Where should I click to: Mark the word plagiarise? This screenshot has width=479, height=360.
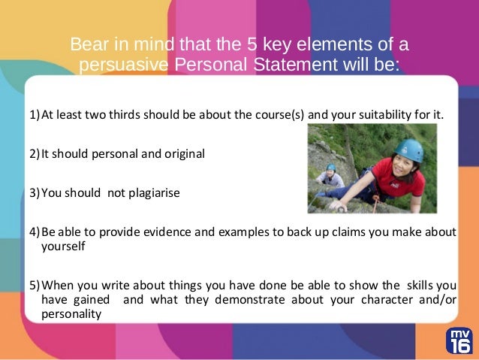(x=143, y=192)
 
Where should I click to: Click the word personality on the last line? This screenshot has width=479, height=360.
(x=71, y=314)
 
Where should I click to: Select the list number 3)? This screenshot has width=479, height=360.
(x=35, y=192)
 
